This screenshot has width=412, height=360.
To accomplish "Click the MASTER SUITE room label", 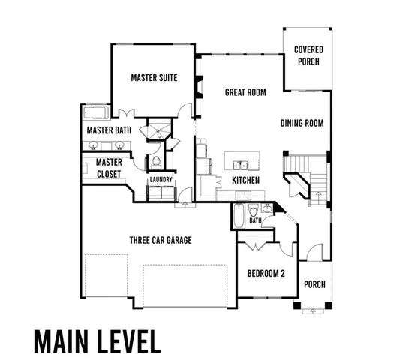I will [154, 77].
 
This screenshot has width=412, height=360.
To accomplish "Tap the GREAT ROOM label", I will [246, 93].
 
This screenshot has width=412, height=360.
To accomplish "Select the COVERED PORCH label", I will [308, 55].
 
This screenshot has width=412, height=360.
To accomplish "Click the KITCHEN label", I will [245, 181].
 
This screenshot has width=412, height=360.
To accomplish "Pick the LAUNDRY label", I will [161, 180].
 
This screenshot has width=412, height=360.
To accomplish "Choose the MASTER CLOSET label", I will [109, 168].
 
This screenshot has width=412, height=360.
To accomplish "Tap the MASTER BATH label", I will [109, 130].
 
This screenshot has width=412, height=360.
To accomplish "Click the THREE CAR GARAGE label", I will [160, 240].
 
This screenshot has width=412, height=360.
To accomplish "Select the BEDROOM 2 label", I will [266, 274].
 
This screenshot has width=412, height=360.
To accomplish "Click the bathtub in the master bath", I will [96, 114].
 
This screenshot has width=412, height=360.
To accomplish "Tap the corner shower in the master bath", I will [158, 132].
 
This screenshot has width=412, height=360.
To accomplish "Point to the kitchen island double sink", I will [242, 165].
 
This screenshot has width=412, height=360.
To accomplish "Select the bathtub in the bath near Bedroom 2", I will [238, 216].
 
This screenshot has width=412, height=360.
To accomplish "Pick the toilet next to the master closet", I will [155, 161].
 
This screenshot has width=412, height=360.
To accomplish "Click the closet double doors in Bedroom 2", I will [255, 245].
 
